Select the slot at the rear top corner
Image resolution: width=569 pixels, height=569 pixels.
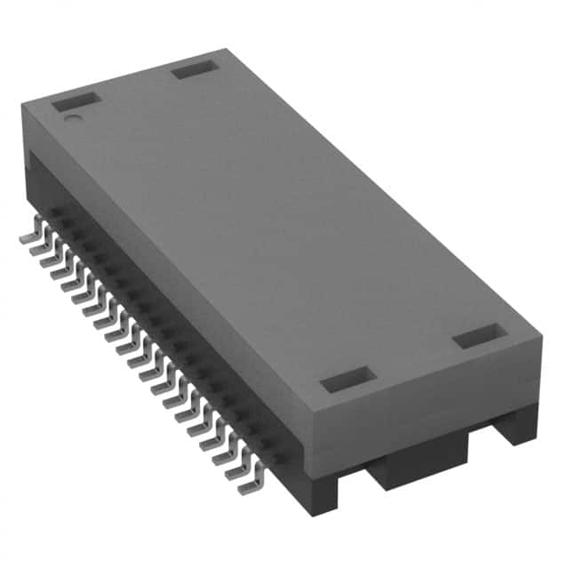[x=195, y=68]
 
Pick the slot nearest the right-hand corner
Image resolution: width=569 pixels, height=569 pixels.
[x=479, y=336]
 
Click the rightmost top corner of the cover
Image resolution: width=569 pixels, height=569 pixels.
[x=541, y=336]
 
